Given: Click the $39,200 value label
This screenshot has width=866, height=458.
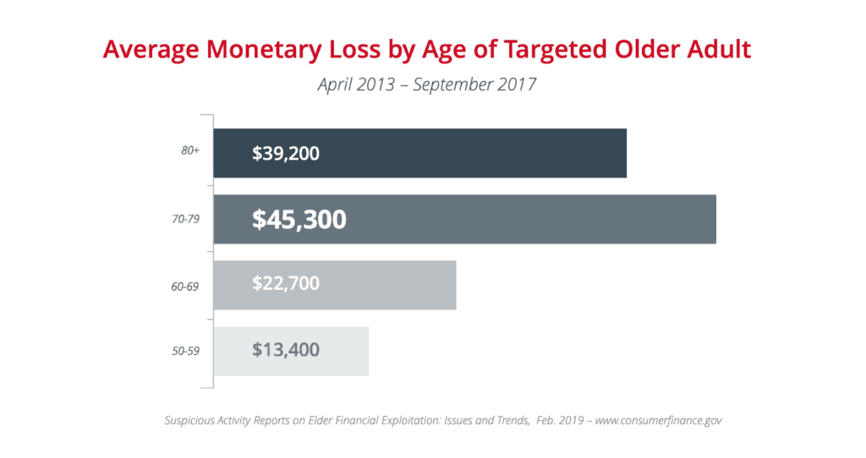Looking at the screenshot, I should coord(286,154).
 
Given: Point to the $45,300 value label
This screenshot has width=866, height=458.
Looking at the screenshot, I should coord(299,220).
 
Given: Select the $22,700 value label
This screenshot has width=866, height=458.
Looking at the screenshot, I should coord(286,285).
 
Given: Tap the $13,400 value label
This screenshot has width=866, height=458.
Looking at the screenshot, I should coord(286,350).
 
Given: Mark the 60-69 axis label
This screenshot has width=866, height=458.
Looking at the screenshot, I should coord(185,286).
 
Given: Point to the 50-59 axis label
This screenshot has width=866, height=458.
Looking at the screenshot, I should coord(185,351).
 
